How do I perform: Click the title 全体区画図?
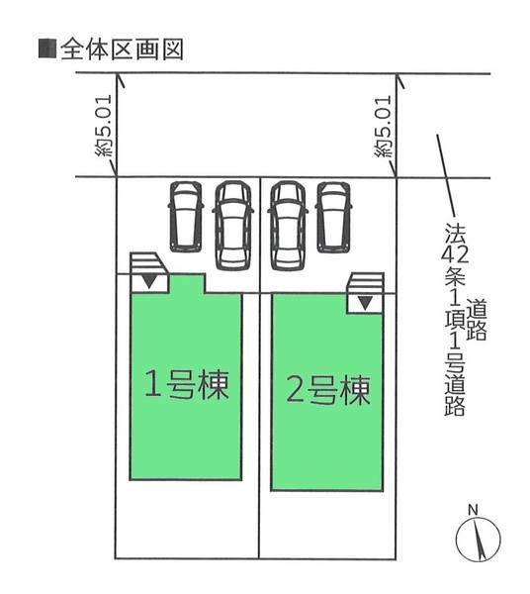[x=122, y=49]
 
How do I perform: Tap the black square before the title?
[x=47, y=49]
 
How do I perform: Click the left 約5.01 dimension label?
[x=104, y=126]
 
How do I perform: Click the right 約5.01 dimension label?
[x=383, y=127]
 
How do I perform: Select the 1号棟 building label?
[x=187, y=384]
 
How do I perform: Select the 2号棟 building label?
[x=328, y=390]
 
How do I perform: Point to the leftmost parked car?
[x=185, y=217]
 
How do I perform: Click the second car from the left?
[x=233, y=226]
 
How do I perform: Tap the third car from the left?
[x=288, y=226]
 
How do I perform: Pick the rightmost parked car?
[x=333, y=217]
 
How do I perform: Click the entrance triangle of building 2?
[x=365, y=303]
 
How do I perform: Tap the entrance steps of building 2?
[x=366, y=283]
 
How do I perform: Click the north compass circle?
[x=479, y=539]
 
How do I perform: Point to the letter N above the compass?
[x=473, y=510]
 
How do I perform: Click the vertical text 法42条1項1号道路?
[x=454, y=319]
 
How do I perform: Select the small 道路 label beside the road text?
[x=477, y=320]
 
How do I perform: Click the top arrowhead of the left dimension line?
[x=120, y=78]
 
